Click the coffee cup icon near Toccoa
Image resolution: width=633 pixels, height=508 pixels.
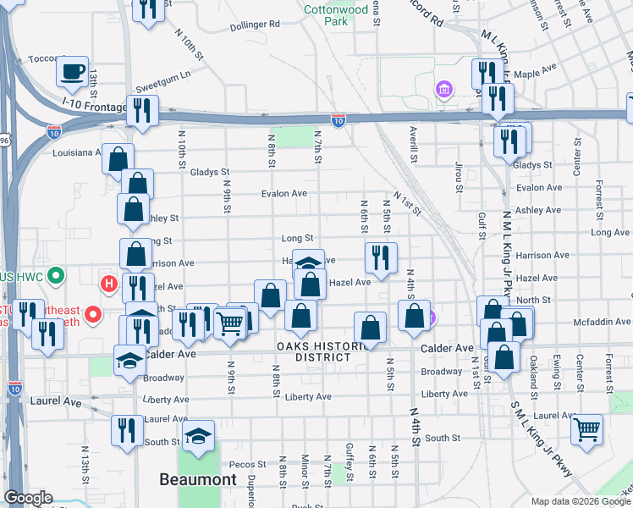tap(73, 71)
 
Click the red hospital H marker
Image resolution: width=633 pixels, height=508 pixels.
tap(107, 283)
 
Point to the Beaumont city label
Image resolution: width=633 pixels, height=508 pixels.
tap(198, 480)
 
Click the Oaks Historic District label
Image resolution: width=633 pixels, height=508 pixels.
tap(313, 351)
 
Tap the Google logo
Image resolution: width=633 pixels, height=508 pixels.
tap(28, 498)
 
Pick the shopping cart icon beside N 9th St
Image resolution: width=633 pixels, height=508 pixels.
tap(229, 323)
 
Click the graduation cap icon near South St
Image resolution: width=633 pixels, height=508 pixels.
tap(199, 436)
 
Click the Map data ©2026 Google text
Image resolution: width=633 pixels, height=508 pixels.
tap(580, 501)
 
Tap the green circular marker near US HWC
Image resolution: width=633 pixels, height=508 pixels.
tap(57, 276)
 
